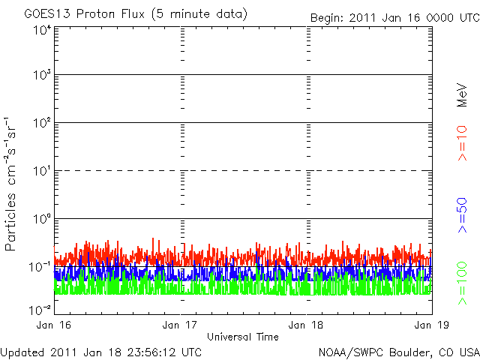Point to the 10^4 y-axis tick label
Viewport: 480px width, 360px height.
(40, 30)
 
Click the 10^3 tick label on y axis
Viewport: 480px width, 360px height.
(40, 76)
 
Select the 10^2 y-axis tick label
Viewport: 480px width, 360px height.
(40, 123)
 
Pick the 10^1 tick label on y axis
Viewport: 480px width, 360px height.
(40, 171)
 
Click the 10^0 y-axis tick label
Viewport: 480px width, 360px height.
(40, 219)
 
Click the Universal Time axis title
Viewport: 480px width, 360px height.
(243, 337)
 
